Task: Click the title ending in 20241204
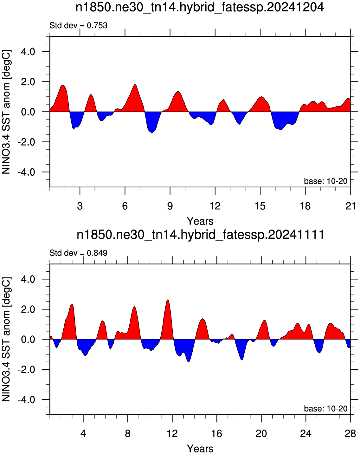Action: (x=200, y=8)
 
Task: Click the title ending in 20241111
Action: (x=200, y=235)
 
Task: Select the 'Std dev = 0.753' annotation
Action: (x=79, y=26)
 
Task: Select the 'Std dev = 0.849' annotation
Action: (x=79, y=253)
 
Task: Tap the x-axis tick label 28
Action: (x=350, y=433)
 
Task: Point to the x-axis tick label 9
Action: (x=170, y=206)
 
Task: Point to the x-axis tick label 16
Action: (x=217, y=433)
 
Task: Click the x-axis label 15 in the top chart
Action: (x=260, y=206)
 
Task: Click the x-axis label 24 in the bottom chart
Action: (x=306, y=433)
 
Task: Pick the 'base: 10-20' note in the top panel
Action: (x=326, y=181)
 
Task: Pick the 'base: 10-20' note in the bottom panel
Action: (x=326, y=409)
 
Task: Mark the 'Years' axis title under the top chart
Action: (x=200, y=221)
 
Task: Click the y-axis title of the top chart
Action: (x=6, y=112)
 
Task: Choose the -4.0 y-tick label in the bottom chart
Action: (x=26, y=400)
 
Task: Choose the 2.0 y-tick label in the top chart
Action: (x=28, y=82)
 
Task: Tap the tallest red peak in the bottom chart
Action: (x=168, y=301)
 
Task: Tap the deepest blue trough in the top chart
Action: (x=152, y=133)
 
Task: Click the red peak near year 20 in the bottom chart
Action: (x=264, y=321)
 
